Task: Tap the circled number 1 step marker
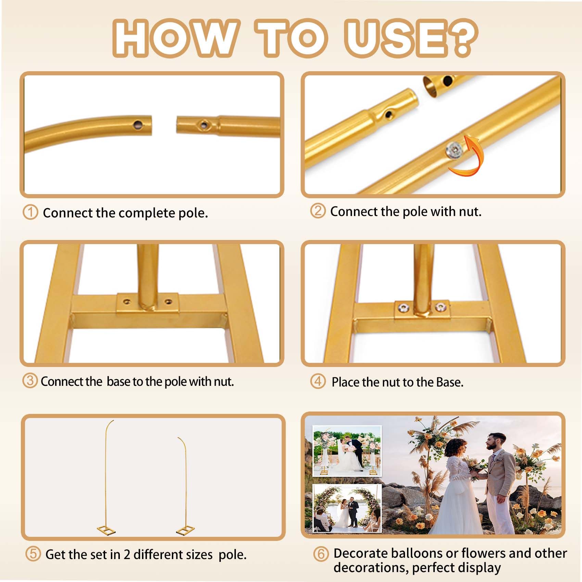click(x=30, y=212)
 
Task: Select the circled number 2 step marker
click(x=318, y=211)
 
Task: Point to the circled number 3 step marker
click(x=30, y=381)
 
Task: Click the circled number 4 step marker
click(x=318, y=381)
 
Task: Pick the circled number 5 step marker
click(x=33, y=554)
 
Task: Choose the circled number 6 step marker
click(x=321, y=554)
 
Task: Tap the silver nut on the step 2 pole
click(x=454, y=150)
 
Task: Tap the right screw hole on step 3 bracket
click(x=168, y=302)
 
